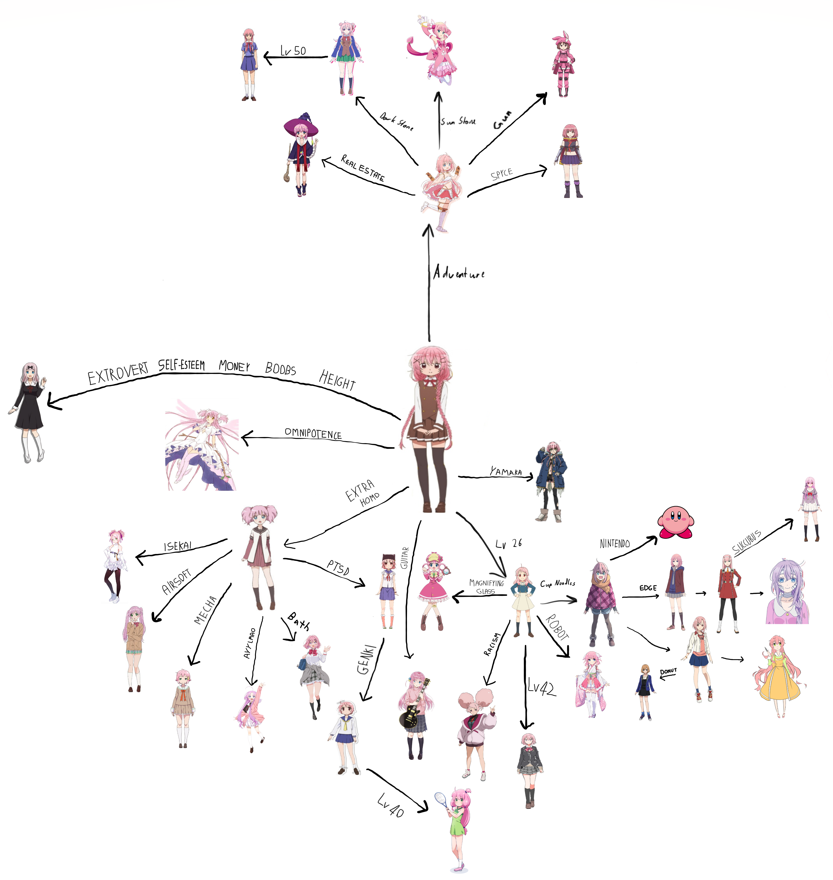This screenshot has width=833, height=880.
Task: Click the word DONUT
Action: (x=668, y=671)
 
